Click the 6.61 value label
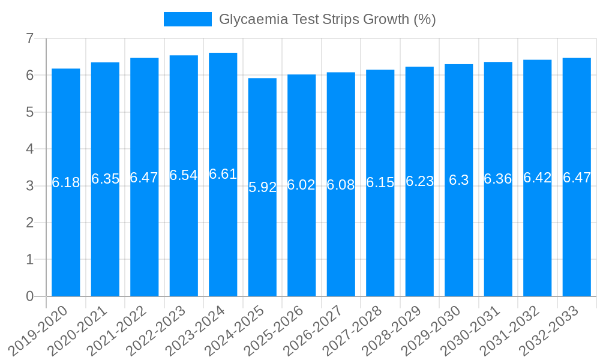point(223,174)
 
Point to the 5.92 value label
point(262,187)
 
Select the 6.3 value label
point(459,180)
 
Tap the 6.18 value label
point(66,182)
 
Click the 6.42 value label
point(538,178)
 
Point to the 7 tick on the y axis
point(29,38)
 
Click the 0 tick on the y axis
point(29,296)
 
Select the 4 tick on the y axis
point(29,149)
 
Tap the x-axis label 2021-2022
point(121,329)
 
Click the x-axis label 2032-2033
point(553,329)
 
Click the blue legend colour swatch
point(188,19)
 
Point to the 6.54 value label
point(184,175)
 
